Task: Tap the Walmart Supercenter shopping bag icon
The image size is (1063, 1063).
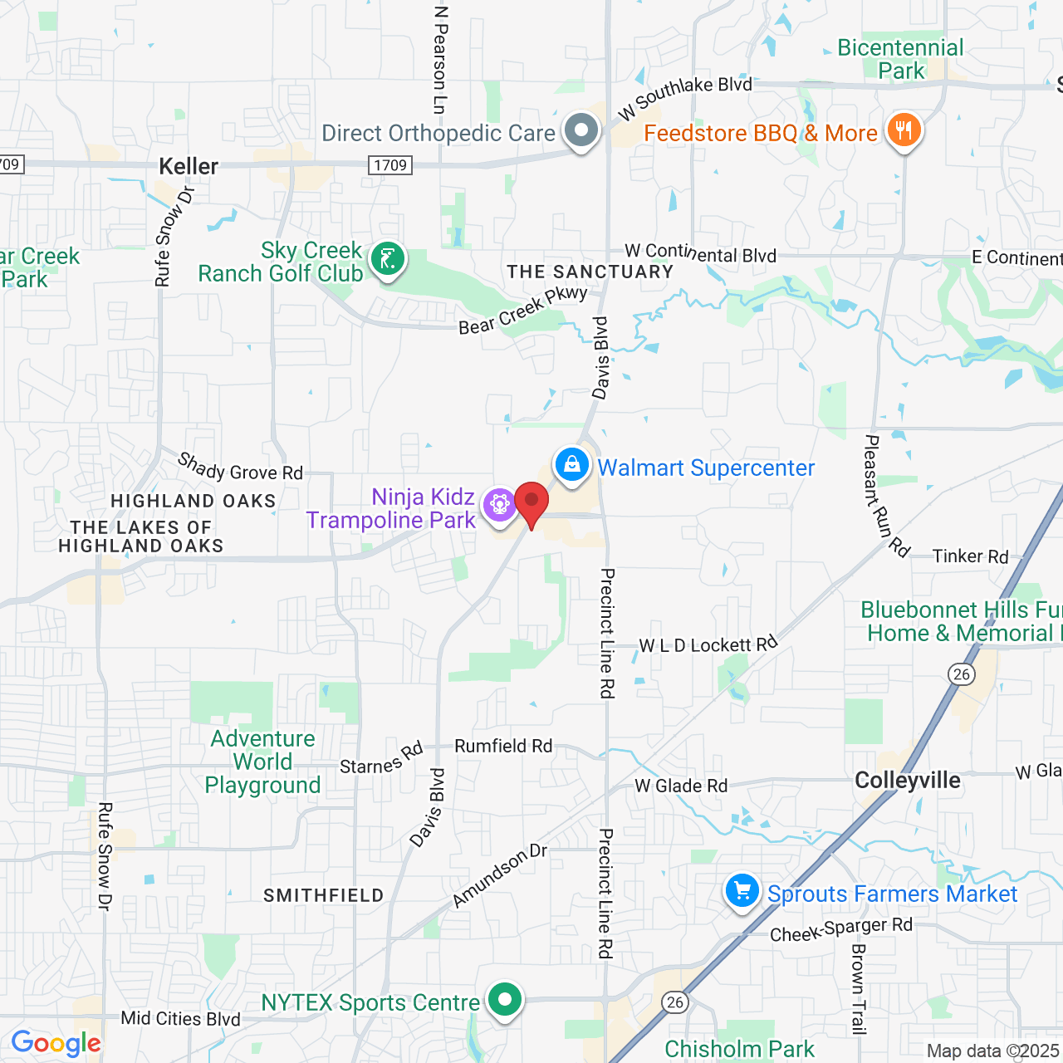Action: [x=572, y=464]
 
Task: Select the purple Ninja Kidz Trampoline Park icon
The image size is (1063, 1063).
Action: [x=499, y=504]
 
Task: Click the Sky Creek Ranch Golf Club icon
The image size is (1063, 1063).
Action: [x=387, y=259]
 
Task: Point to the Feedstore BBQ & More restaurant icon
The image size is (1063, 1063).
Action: [x=904, y=130]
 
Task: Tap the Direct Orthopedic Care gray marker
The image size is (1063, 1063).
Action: [x=581, y=130]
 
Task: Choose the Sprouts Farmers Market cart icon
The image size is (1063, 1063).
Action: [x=742, y=891]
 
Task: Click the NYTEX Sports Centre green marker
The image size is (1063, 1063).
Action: [x=504, y=1000]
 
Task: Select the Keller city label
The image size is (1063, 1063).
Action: [x=189, y=166]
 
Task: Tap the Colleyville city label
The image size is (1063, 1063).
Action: [x=908, y=781]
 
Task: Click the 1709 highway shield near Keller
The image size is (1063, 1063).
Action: [x=390, y=165]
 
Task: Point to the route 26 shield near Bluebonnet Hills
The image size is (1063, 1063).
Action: [x=963, y=674]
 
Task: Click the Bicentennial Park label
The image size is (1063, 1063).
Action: [x=901, y=59]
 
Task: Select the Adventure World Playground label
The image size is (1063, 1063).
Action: [x=262, y=762]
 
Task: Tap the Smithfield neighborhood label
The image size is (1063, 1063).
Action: [x=324, y=895]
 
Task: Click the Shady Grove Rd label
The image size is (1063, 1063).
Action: [x=241, y=468]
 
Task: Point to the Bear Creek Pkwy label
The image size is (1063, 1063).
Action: [x=523, y=311]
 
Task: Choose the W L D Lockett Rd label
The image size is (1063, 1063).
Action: [x=708, y=644]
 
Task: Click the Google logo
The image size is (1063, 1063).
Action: [x=56, y=1043]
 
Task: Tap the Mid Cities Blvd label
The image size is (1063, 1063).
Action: [x=180, y=1019]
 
